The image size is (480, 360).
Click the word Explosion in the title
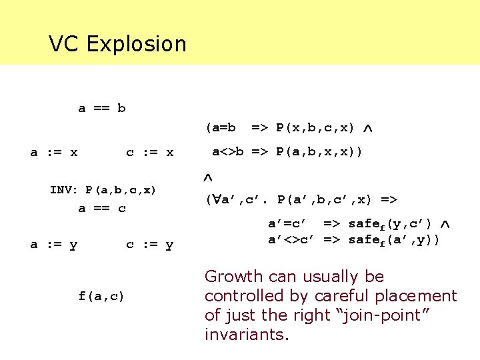(x=136, y=44)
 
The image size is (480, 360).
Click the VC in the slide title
(x=65, y=44)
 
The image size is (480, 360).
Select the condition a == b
(x=102, y=108)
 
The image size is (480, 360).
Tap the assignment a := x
(x=54, y=153)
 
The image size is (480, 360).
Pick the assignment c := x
(x=150, y=153)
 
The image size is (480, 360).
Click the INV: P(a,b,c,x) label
(x=103, y=190)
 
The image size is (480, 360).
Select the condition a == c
(x=102, y=209)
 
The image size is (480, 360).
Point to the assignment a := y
(x=54, y=245)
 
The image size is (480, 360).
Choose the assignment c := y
(x=150, y=245)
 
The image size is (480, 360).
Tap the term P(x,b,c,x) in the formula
(x=315, y=127)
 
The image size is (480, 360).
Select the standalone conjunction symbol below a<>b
(x=207, y=178)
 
